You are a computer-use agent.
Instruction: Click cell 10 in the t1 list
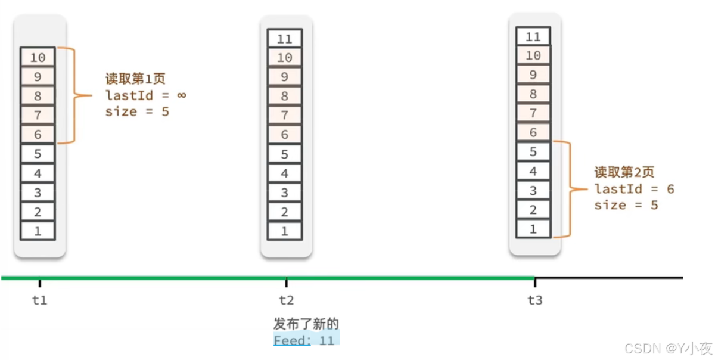click(38, 57)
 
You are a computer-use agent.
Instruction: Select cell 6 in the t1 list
click(38, 134)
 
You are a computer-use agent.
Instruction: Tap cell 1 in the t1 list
click(38, 231)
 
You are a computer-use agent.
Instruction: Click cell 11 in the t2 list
click(285, 39)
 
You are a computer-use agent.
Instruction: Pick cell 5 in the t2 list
click(285, 154)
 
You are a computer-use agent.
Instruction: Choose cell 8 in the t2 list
click(285, 96)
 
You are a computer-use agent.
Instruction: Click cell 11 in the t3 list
click(533, 36)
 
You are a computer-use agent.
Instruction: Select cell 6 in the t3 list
click(533, 133)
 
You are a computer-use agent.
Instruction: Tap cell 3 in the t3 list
click(533, 191)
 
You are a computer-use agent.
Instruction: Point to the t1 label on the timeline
click(39, 300)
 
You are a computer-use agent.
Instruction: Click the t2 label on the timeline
click(286, 300)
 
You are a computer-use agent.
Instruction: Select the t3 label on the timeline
click(535, 300)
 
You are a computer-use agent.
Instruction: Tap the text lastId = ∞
click(146, 95)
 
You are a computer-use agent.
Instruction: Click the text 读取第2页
click(624, 173)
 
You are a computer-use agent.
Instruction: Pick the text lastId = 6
click(634, 189)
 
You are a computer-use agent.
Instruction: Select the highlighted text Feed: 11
click(304, 340)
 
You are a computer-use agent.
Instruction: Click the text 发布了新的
click(306, 324)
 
